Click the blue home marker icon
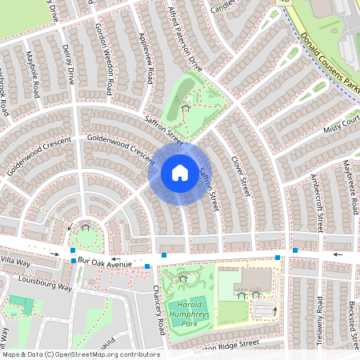(180, 172)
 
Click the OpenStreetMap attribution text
(80, 354)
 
